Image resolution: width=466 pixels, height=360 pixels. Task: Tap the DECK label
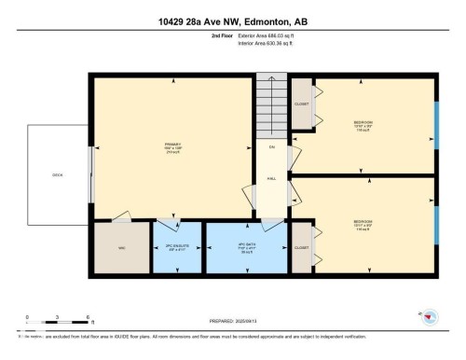pos(58,174)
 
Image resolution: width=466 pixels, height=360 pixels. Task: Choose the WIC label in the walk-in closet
pos(121,247)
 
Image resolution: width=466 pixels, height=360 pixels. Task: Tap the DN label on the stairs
pos(272,147)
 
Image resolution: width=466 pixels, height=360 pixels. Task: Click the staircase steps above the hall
pos(271,107)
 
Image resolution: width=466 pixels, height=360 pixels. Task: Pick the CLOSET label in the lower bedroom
pos(301,248)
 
